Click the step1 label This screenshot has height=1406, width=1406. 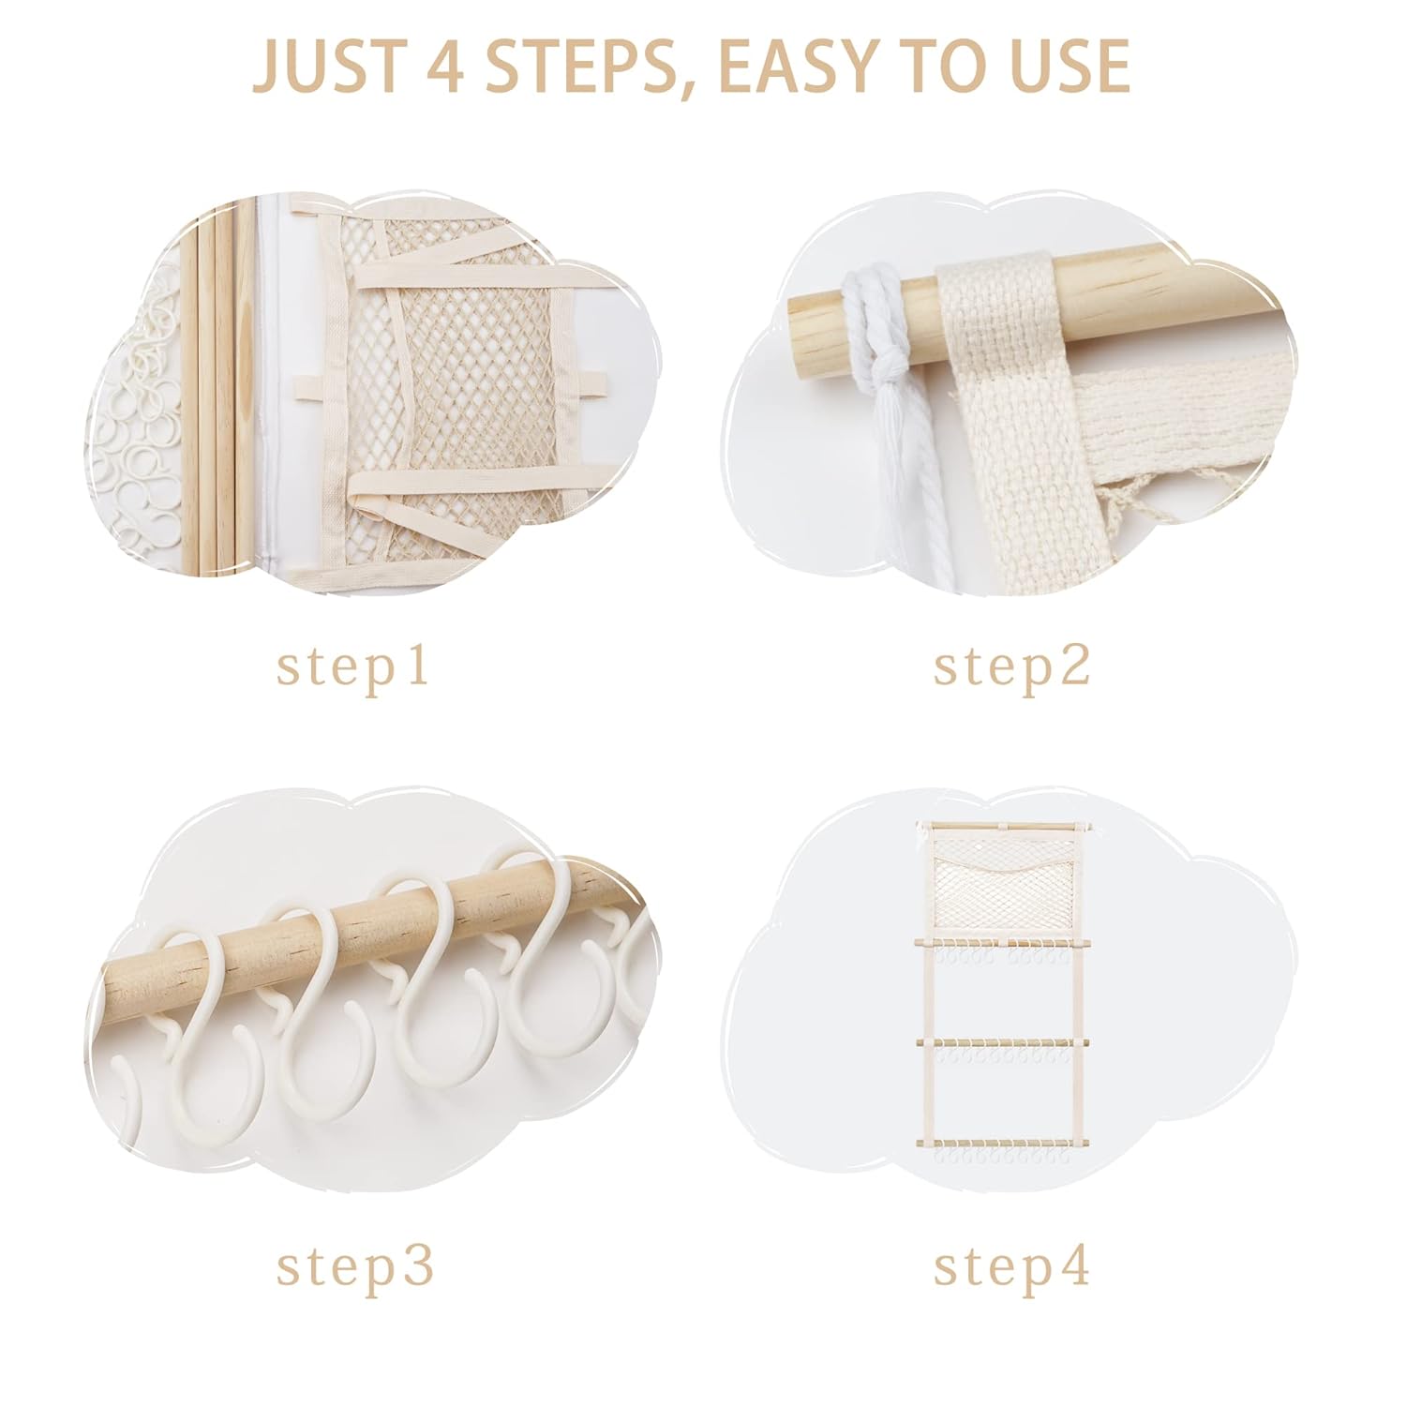tap(353, 667)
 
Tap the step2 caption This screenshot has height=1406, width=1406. tap(1011, 667)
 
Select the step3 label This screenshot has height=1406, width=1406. tap(354, 1267)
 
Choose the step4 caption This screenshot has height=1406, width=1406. tap(1011, 1267)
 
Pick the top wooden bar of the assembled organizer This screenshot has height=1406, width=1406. tap(1008, 825)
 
